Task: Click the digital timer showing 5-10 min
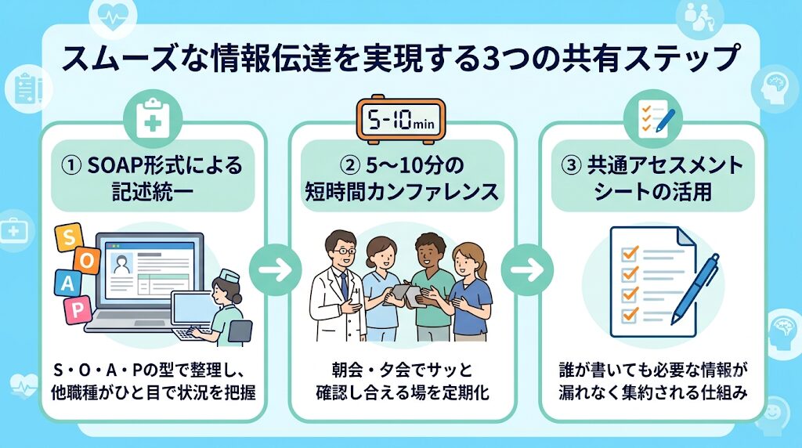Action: pos(400,119)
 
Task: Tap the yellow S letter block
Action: pos(68,237)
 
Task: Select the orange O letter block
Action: pos(86,260)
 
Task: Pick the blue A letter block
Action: pos(67,284)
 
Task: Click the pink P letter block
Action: pos(78,309)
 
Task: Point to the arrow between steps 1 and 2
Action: pos(276,269)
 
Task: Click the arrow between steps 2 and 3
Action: pos(527,269)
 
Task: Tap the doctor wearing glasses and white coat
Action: pos(338,287)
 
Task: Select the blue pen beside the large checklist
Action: pos(695,288)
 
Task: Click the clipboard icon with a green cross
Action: pos(153,118)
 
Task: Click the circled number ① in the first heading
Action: pos(70,166)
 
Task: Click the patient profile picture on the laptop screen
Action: pos(121,265)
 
